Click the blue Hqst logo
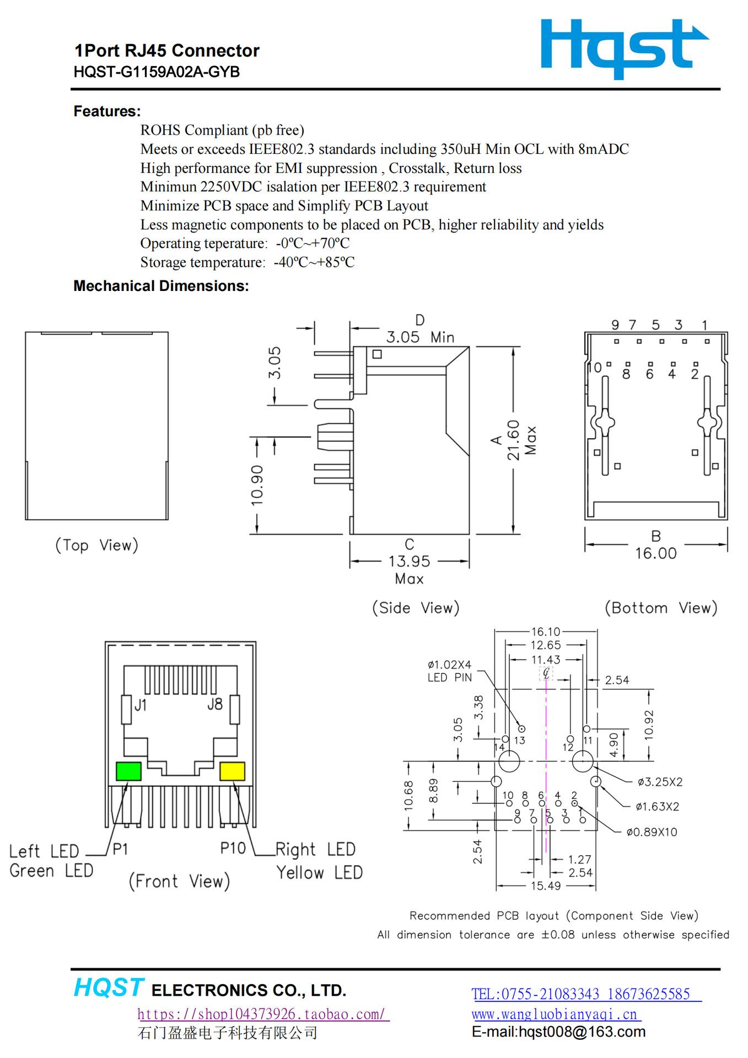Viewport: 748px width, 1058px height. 624,48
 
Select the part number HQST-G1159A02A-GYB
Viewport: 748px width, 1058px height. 157,72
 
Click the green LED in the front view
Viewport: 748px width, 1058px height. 128,771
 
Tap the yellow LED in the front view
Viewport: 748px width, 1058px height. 232,771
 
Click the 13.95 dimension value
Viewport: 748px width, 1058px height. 409,561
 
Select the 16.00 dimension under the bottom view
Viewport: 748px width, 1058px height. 656,553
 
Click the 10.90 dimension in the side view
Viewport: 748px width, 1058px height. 257,485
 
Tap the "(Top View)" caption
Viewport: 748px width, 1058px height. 96,546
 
